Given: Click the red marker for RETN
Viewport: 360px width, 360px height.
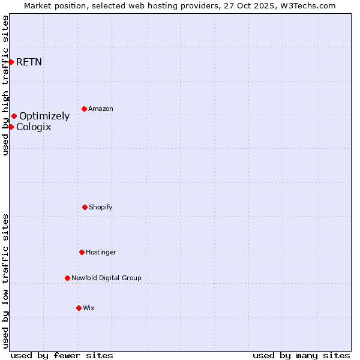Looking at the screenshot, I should [11, 62].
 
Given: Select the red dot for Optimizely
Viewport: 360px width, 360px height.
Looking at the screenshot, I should [14, 116].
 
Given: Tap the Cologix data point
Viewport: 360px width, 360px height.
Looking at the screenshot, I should [11, 127].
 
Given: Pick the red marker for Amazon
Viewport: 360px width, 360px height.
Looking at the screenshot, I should [84, 109].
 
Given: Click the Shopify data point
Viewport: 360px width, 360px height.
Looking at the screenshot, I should [85, 207].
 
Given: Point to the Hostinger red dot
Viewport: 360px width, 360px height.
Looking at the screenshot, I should [82, 252].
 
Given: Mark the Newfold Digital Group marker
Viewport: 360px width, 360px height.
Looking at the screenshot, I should [67, 278].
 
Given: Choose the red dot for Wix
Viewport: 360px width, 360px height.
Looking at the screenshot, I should [79, 308].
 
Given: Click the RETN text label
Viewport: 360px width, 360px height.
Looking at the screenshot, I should [29, 62].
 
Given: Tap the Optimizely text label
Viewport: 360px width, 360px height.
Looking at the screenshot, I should [44, 116].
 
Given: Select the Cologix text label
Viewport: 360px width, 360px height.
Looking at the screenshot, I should [34, 127].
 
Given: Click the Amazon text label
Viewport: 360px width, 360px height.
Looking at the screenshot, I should [101, 109].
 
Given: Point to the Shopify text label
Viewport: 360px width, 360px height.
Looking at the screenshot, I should [101, 207].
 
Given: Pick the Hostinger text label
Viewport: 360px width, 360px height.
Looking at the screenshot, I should [101, 252].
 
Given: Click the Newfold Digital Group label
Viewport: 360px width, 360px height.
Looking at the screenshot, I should [106, 278].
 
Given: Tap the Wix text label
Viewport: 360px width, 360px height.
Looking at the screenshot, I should [89, 308].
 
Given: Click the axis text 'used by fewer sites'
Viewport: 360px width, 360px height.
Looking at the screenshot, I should [62, 355].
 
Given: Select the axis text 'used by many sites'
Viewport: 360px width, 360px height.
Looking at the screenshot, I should [301, 355].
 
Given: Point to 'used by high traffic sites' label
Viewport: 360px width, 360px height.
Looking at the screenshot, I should [5, 85].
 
